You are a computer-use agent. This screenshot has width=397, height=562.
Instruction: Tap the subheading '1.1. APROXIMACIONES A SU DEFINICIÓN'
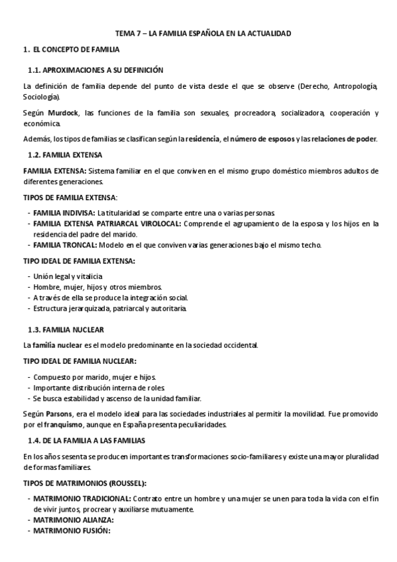tap(95, 70)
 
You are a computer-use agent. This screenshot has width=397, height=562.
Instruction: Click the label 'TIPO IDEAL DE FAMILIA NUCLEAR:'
tap(80, 361)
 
